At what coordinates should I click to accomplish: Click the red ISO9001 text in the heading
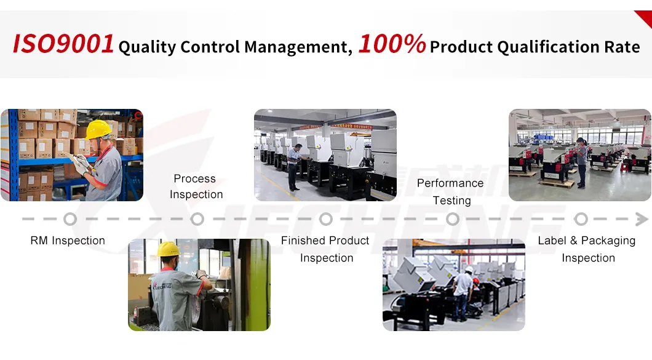click(63, 44)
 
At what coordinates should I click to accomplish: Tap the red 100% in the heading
click(392, 44)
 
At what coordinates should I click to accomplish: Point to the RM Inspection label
click(68, 241)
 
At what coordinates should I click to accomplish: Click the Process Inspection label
click(196, 186)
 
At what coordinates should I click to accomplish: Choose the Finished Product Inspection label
click(325, 249)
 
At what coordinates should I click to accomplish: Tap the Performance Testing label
click(451, 191)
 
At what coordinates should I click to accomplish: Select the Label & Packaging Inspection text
click(587, 249)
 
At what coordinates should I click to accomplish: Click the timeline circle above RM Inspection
click(70, 219)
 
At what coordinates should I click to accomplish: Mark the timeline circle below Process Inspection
click(197, 219)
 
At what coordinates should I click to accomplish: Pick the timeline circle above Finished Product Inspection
click(326, 219)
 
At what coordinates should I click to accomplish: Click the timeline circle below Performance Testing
click(453, 219)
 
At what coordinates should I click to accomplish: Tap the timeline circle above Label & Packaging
click(581, 219)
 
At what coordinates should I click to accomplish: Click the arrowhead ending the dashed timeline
click(642, 219)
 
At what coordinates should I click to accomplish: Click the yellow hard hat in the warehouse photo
click(98, 130)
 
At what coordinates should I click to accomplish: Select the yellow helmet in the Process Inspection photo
click(168, 249)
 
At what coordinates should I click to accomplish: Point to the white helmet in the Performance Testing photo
click(469, 270)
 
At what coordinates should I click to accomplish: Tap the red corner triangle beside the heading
click(645, 18)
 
